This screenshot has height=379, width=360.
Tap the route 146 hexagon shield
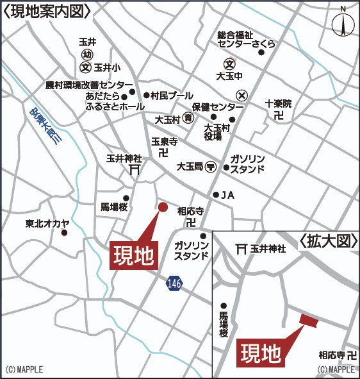[x=174, y=283]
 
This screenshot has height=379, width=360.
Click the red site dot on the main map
[x=163, y=206]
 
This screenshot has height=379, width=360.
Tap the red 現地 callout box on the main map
[x=135, y=256]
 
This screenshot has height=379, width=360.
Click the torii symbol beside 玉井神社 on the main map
[x=135, y=170]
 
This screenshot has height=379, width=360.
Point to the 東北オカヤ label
[x=47, y=224]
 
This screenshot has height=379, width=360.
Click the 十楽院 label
[x=278, y=103]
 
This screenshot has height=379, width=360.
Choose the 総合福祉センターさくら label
[x=247, y=39]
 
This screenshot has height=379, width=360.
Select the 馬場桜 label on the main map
[x=114, y=207]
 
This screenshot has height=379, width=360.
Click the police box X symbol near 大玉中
[x=241, y=94]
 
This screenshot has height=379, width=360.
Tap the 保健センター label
[x=218, y=106]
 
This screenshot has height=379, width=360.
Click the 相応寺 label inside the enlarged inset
[x=332, y=355]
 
